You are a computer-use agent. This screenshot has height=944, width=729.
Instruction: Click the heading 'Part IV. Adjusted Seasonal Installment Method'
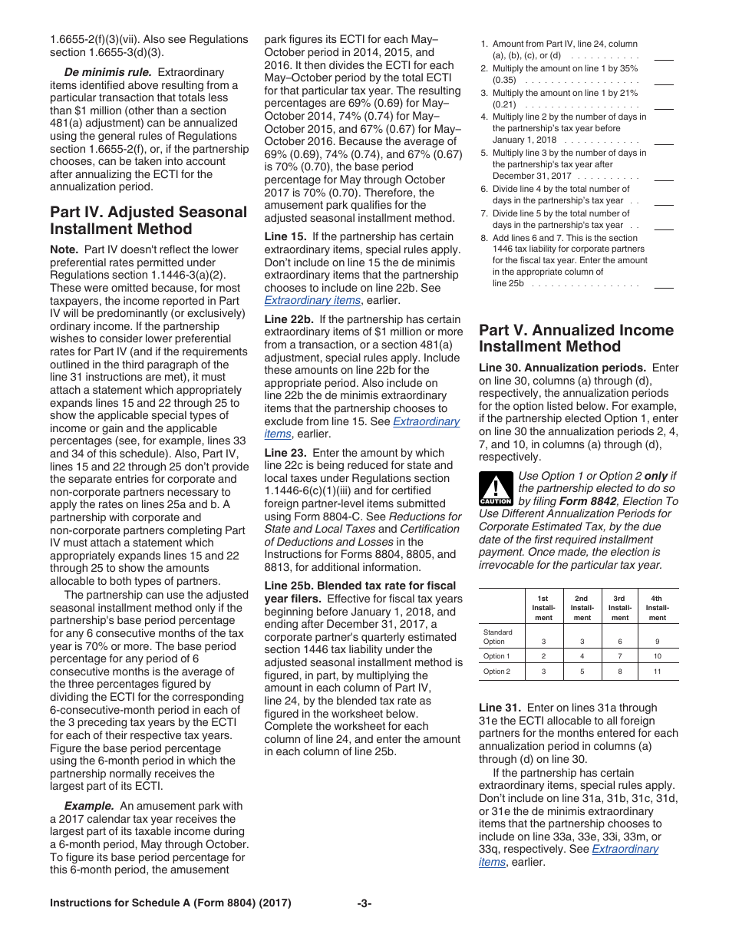148,220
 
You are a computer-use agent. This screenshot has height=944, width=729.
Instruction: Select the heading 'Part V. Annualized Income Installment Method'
576,338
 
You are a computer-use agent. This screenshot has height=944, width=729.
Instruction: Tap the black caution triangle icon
495,488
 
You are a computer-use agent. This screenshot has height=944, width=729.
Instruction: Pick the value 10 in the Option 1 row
657,656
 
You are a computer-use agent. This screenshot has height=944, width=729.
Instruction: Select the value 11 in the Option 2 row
657,672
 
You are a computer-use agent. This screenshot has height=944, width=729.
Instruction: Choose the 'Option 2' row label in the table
496,672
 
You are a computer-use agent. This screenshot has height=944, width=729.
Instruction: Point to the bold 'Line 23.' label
285,453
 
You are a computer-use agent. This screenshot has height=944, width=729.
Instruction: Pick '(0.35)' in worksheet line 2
504,80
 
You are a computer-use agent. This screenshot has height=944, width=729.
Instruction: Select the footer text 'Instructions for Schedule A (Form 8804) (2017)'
170,903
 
